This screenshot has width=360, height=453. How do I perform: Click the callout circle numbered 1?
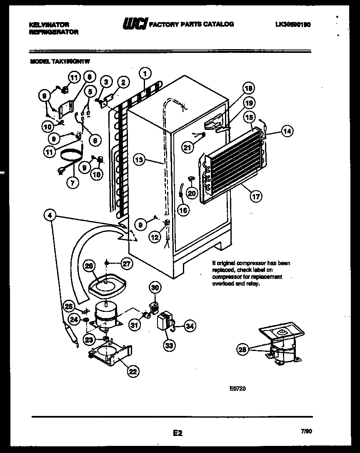145,74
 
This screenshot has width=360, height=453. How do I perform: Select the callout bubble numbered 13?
140,159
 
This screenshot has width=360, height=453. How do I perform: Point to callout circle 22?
133,372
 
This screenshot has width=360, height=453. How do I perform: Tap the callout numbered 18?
249,88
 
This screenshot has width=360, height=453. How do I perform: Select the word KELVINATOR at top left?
49,25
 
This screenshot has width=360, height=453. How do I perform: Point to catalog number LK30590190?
293,25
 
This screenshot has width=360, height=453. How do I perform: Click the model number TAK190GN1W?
70,61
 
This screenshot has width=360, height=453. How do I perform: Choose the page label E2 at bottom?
177,433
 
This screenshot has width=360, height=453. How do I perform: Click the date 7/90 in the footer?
307,432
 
